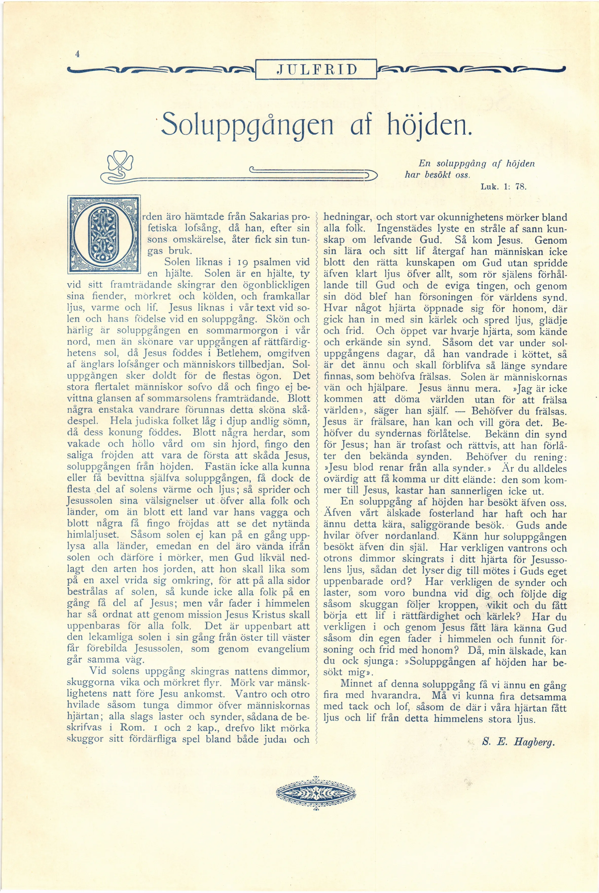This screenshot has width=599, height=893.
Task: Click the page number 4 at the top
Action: click(x=77, y=54)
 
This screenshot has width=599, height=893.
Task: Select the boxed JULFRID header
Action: click(x=317, y=69)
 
